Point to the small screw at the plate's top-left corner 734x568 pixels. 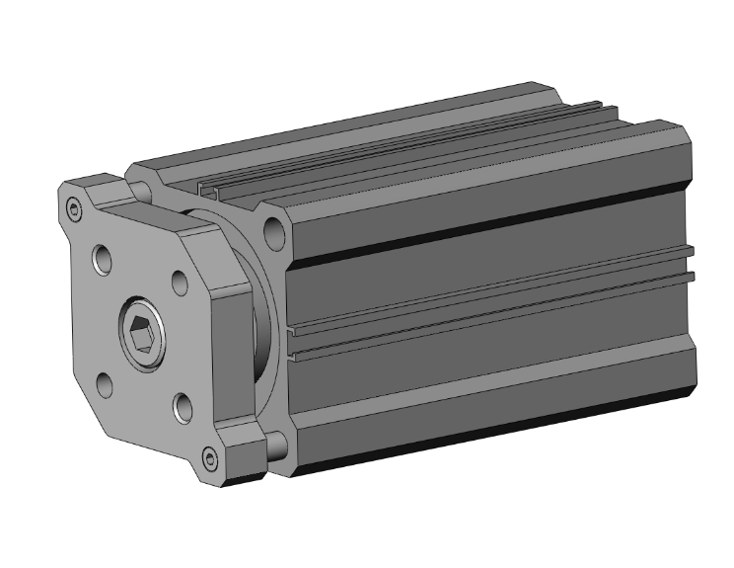74,208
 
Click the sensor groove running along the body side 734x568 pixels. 493,306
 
